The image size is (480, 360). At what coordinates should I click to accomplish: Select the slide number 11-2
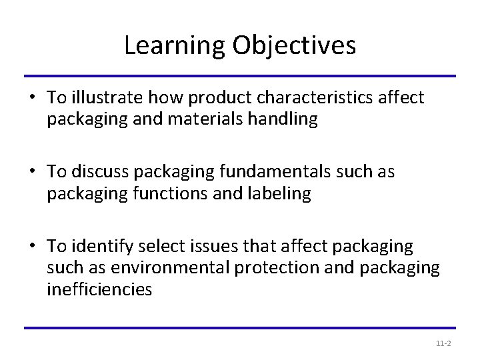[443, 343]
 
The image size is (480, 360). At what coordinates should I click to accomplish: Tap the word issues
[200, 247]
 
